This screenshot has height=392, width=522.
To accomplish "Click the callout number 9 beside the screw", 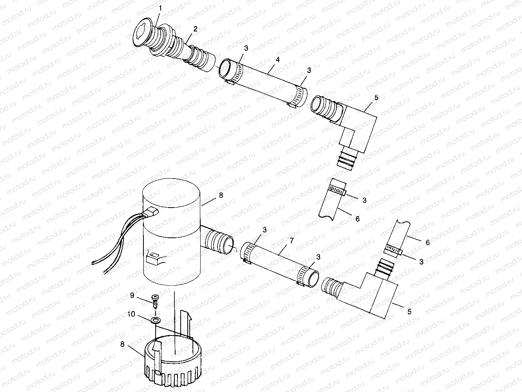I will (132, 295).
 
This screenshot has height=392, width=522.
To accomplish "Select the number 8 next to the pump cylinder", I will (221, 195).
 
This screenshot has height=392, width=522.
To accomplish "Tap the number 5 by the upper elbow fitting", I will (376, 97).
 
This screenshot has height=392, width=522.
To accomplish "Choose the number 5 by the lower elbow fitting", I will (409, 312).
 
